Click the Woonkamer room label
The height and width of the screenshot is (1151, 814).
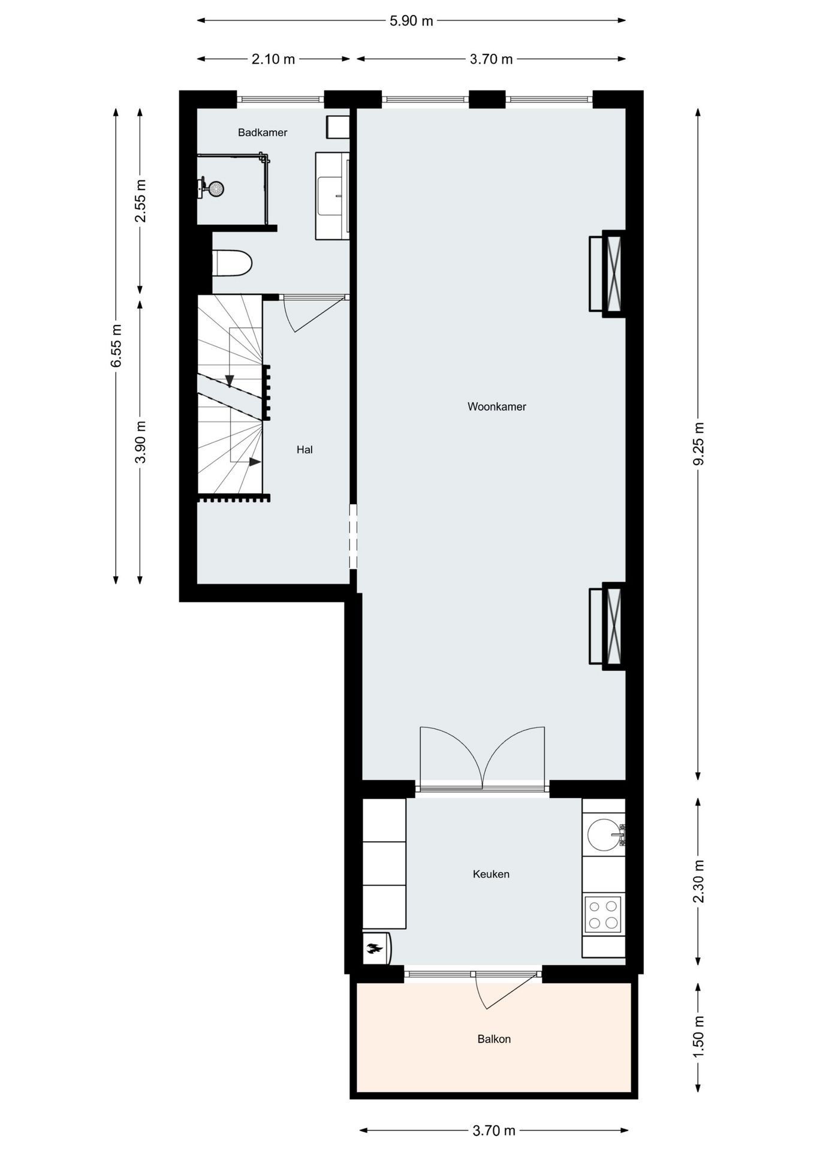(x=496, y=406)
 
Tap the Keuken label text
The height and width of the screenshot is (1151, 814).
(x=491, y=874)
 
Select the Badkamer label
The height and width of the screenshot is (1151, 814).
(x=263, y=132)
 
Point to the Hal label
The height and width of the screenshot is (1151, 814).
(x=305, y=450)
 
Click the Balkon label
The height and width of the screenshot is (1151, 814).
(x=494, y=1039)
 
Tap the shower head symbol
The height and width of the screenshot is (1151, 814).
(x=215, y=188)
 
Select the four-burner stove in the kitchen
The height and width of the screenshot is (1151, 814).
(x=603, y=914)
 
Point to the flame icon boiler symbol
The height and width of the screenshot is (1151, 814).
(x=376, y=948)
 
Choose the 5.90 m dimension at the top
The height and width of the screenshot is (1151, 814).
(x=411, y=21)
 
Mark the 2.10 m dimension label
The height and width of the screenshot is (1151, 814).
(x=273, y=59)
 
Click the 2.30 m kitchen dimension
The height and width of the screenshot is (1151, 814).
(x=698, y=881)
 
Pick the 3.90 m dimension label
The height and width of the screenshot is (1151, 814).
(x=140, y=442)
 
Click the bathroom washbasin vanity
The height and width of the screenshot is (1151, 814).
(x=332, y=195)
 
